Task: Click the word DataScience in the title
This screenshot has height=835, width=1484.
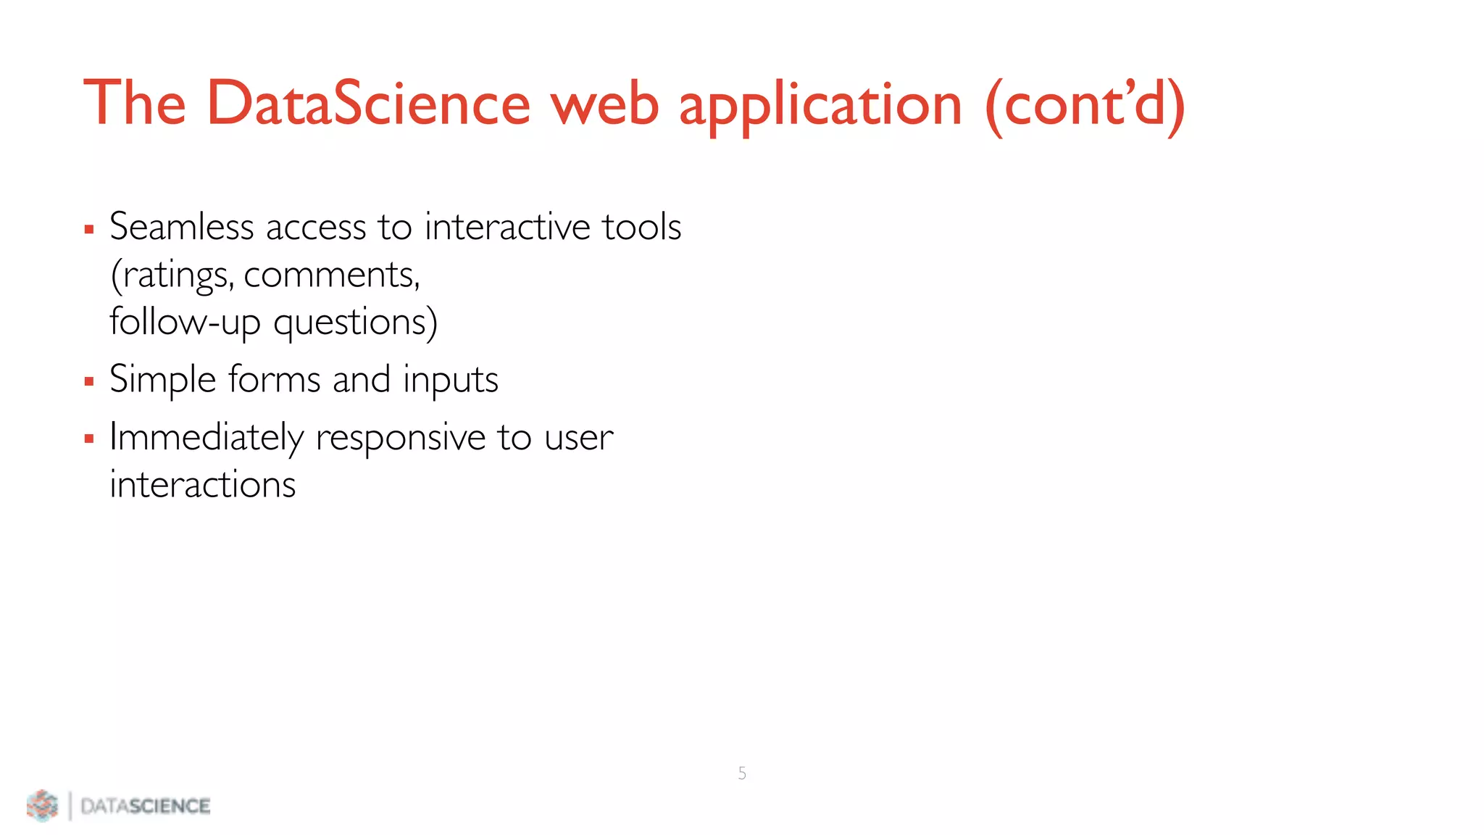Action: (368, 104)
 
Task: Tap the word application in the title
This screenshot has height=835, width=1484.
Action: (820, 106)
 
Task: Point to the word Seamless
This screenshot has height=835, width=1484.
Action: (181, 226)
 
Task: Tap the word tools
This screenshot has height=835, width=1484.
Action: (641, 226)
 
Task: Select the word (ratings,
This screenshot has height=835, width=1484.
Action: (172, 275)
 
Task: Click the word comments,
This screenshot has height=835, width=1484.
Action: (332, 275)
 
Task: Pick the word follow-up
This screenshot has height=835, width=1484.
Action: (185, 323)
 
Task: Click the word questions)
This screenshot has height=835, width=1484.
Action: (355, 323)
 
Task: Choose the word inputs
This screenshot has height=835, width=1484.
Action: (450, 380)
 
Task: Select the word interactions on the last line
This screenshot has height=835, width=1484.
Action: (203, 484)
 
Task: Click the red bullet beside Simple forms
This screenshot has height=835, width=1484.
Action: (89, 381)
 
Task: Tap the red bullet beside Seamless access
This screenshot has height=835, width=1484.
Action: (89, 230)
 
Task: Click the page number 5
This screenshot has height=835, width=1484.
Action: (742, 773)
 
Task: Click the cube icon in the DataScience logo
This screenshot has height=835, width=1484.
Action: (42, 805)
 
